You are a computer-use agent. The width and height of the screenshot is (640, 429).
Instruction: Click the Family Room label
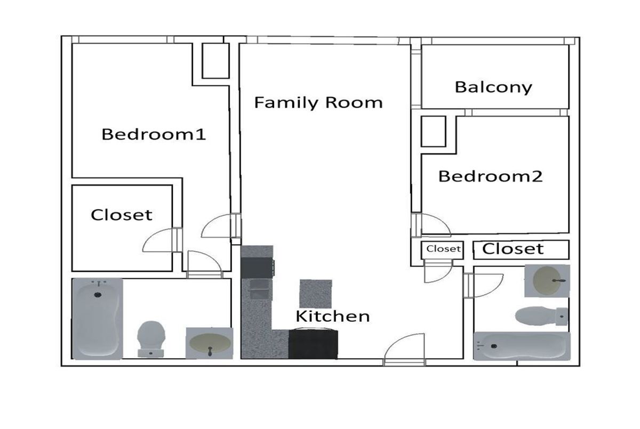click(318, 103)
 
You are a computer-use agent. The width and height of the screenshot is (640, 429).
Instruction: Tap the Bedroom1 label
click(154, 134)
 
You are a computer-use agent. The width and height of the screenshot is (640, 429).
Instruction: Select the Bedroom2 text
click(490, 176)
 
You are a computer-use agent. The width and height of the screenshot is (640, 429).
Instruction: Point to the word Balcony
click(493, 88)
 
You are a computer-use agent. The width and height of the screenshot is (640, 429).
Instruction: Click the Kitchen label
click(333, 316)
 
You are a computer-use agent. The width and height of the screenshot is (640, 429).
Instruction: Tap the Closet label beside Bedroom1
click(122, 215)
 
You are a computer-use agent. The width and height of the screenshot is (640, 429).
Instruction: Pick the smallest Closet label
click(443, 249)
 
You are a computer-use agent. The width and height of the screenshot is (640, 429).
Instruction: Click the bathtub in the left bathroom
click(98, 319)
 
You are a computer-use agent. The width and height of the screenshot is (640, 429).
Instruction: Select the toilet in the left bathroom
click(151, 339)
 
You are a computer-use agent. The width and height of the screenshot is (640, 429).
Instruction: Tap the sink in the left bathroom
click(210, 343)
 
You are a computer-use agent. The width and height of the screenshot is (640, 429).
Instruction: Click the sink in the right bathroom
click(547, 281)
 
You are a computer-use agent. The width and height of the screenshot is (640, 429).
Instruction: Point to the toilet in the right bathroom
click(541, 316)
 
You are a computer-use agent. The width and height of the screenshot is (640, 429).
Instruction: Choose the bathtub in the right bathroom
click(522, 346)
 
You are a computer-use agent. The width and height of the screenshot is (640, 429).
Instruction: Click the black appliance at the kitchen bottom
click(313, 344)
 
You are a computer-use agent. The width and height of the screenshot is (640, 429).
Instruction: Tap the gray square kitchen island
click(316, 294)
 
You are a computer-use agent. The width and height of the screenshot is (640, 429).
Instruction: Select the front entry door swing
click(404, 349)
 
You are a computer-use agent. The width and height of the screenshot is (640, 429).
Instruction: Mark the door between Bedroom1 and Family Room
click(221, 225)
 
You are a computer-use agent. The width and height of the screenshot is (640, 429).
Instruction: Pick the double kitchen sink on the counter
click(259, 289)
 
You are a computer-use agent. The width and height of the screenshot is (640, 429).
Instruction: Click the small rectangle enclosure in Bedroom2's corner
click(434, 131)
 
